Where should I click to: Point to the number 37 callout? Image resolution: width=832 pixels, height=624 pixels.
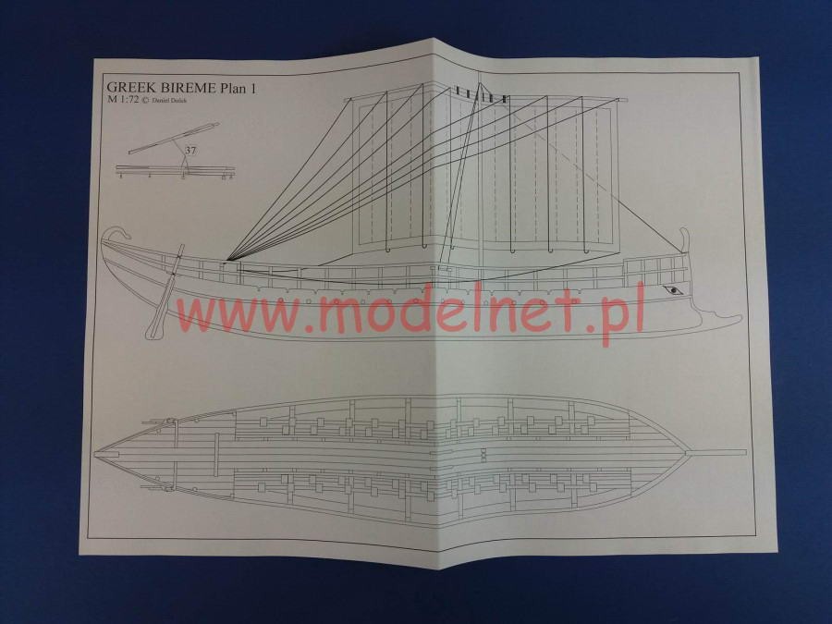(x=191, y=149)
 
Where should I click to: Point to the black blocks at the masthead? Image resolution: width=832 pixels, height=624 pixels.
(x=482, y=95)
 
